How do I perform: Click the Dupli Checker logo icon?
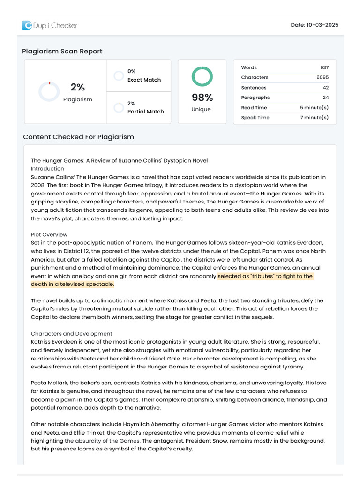[x=27, y=25]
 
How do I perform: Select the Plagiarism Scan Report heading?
[x=62, y=51]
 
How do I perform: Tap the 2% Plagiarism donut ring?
[x=49, y=91]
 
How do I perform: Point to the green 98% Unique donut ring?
[x=202, y=76]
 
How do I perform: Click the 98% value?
[x=202, y=97]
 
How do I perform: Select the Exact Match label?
[x=144, y=80]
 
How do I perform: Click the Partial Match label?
[x=145, y=112]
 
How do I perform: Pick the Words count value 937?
[x=324, y=67]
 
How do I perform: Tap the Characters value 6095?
[x=322, y=77]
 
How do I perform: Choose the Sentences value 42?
[x=325, y=88]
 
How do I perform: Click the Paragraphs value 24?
[x=325, y=97]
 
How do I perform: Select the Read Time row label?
[x=254, y=108]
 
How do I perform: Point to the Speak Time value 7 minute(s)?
[x=314, y=118]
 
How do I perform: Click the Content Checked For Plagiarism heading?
[x=78, y=137]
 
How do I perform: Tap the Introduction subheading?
[x=47, y=169]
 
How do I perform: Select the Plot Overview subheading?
[x=49, y=234]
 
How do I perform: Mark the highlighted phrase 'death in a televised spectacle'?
[x=72, y=284]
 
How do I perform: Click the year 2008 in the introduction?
[x=38, y=185]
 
